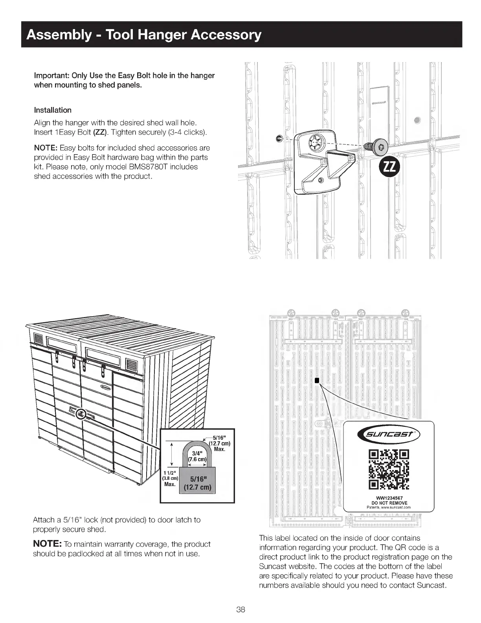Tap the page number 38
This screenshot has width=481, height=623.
(x=240, y=610)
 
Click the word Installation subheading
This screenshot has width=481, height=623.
(x=53, y=110)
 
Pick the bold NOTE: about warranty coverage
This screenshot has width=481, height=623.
(x=47, y=544)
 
